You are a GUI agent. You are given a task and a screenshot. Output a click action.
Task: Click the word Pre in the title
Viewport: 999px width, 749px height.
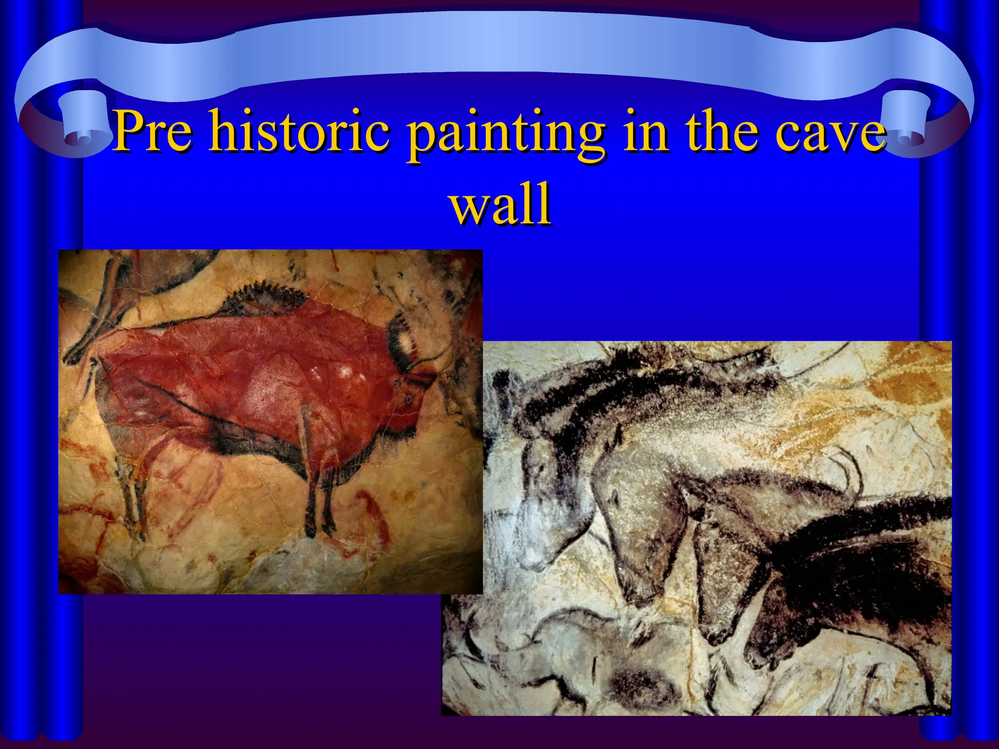click(153, 131)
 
